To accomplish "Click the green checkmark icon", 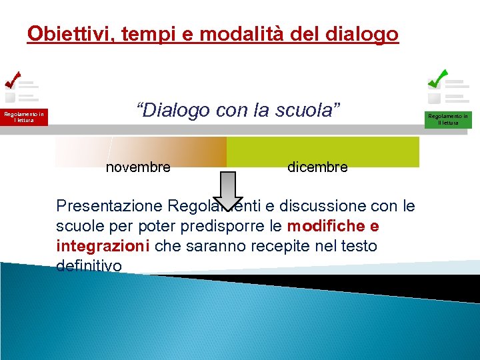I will pos(438,79).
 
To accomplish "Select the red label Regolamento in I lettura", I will pos(24,117).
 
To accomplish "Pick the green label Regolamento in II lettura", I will pos(447,119).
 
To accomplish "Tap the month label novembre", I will pos(138,167).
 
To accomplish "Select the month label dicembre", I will pos(317,167).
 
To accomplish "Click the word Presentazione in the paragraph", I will pos(110,205).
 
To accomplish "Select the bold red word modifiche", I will pos(323,225).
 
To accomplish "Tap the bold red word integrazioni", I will pos(103,246).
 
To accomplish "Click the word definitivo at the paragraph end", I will pos(89,266).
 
